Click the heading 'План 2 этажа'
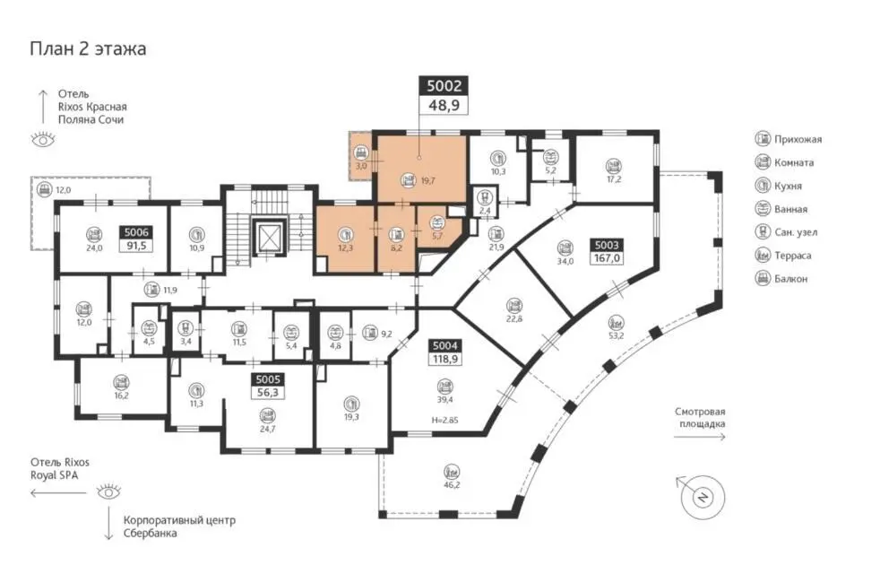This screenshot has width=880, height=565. (88, 48)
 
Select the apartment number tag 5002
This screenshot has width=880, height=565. (444, 86)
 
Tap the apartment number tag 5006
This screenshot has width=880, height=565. (136, 232)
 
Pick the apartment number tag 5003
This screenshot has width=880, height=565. (607, 245)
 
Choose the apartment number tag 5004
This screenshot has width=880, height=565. (445, 346)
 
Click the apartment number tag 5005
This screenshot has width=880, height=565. (268, 379)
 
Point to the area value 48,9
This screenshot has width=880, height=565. (444, 105)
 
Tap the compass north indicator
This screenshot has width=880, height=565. (702, 497)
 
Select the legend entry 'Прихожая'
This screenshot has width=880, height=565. (789, 139)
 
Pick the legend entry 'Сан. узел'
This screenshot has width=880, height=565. (786, 232)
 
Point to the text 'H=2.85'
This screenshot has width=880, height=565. (444, 420)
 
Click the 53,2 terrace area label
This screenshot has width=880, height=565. (616, 335)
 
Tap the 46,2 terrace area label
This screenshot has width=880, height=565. (452, 484)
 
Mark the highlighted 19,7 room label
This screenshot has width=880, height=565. (428, 181)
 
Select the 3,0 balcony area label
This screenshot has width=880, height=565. (361, 166)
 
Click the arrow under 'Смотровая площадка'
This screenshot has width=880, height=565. (700, 437)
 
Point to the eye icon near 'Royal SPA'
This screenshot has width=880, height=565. (108, 492)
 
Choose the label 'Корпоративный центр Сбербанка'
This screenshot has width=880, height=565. (179, 526)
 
